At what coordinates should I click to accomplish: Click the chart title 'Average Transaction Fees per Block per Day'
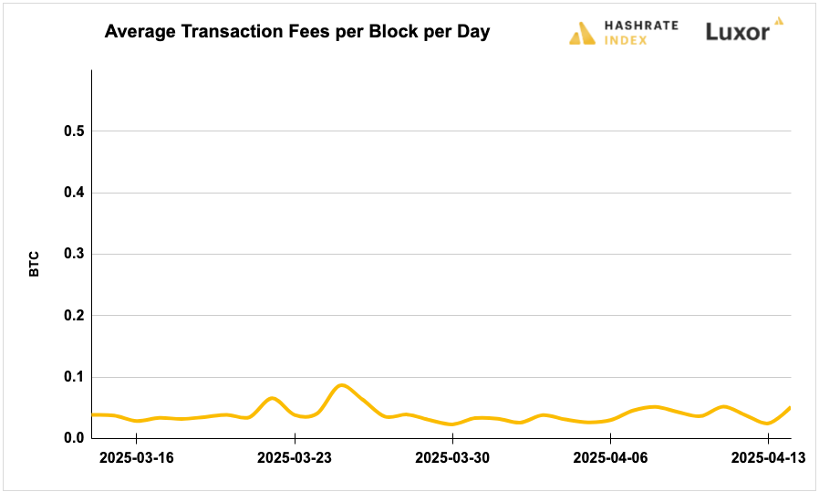pos(296,32)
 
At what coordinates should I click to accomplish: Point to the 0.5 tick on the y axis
pos(74,131)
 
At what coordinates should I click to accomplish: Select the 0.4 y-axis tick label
pos(74,193)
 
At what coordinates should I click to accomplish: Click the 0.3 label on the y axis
pos(74,254)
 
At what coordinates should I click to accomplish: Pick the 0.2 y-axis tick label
pos(74,316)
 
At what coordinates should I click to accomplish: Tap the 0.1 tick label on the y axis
pos(74,377)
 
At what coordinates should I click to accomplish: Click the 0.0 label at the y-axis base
pos(74,438)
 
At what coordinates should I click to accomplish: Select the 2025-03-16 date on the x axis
pos(138,455)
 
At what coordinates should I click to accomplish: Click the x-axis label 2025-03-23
pos(295,455)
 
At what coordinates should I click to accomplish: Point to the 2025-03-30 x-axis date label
pos(452,455)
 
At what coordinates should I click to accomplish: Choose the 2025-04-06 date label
pos(609,455)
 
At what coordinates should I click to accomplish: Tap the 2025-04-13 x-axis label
pos(766,455)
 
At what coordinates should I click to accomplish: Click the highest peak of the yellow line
pos(341,385)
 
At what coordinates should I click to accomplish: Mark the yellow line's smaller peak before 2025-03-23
pos(271,398)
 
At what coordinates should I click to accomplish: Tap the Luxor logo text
pos(737,32)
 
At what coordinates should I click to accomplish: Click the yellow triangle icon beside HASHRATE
pos(582,34)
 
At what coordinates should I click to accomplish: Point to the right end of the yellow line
pos(790,407)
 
